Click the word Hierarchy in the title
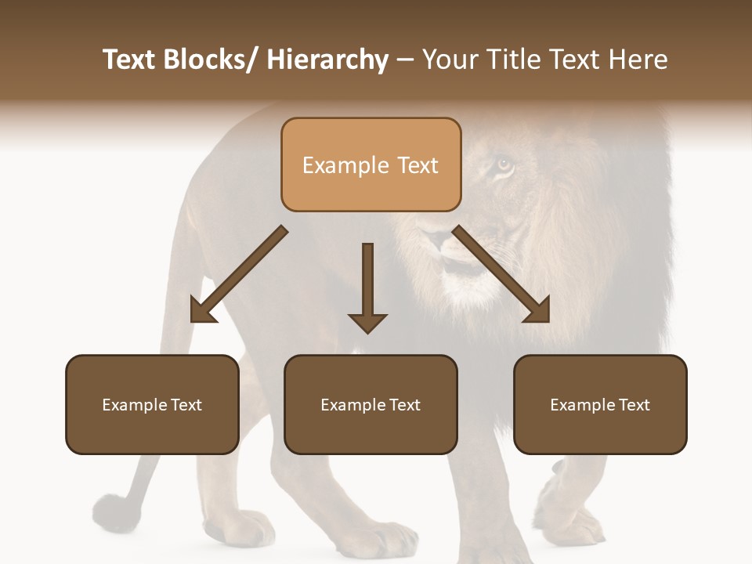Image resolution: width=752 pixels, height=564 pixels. tap(327, 60)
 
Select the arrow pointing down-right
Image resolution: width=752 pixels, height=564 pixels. tap(502, 276)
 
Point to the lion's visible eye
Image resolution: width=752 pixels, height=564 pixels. tap(504, 164)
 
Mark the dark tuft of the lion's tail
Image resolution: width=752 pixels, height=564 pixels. tap(111, 512)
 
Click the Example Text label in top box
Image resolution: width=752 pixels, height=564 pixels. tap(371, 165)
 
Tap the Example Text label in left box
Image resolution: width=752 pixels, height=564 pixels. tap(152, 405)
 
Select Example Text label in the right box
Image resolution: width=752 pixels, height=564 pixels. tap(600, 405)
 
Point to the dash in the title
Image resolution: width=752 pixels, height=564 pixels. tap(405, 60)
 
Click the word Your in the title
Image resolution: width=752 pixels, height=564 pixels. tap(449, 60)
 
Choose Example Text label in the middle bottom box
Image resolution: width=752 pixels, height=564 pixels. tap(371, 405)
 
